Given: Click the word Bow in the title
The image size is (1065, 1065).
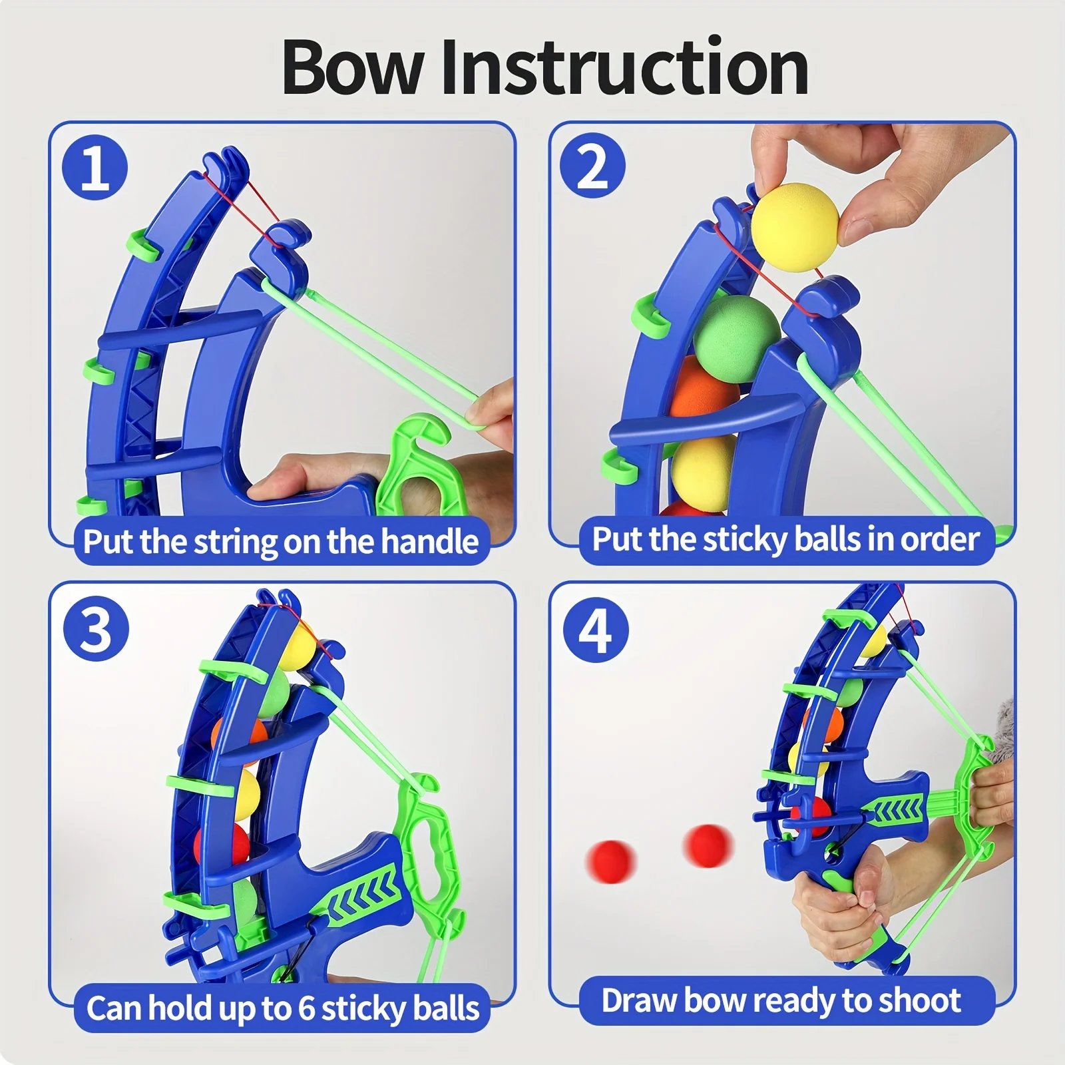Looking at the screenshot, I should click(353, 68).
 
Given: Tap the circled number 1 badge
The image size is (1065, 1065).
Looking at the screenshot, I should click(95, 168).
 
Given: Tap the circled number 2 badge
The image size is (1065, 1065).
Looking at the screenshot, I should click(592, 166).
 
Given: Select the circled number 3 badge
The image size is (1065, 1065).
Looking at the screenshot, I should click(96, 628).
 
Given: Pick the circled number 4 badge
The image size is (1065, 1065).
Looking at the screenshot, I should click(595, 629).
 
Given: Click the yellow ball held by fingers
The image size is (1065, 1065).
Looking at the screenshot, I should click(795, 228).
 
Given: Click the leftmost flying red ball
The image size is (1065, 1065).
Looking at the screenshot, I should click(610, 861).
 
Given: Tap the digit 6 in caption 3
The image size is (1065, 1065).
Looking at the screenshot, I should click(306, 1008).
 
